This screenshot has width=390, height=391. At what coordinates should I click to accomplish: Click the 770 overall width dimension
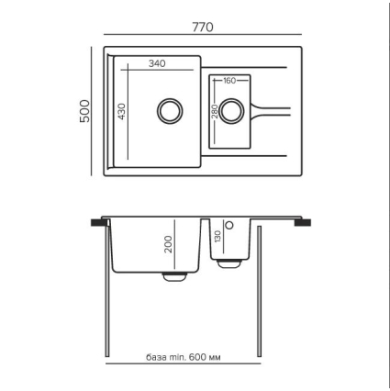click(x=203, y=28)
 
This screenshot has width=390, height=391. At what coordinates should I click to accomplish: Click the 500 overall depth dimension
click(x=84, y=111)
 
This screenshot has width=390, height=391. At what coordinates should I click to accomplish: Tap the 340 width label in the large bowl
click(x=157, y=63)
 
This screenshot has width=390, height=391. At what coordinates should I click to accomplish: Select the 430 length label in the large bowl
click(x=121, y=111)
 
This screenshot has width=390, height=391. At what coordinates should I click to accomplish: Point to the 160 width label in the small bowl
click(x=229, y=81)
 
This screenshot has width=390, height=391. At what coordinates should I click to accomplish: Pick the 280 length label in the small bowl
click(x=215, y=111)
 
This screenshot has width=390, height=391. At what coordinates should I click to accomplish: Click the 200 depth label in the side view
click(x=169, y=244)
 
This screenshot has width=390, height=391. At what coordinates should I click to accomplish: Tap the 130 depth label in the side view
click(x=217, y=237)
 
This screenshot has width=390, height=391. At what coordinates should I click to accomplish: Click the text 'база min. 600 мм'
click(x=183, y=357)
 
